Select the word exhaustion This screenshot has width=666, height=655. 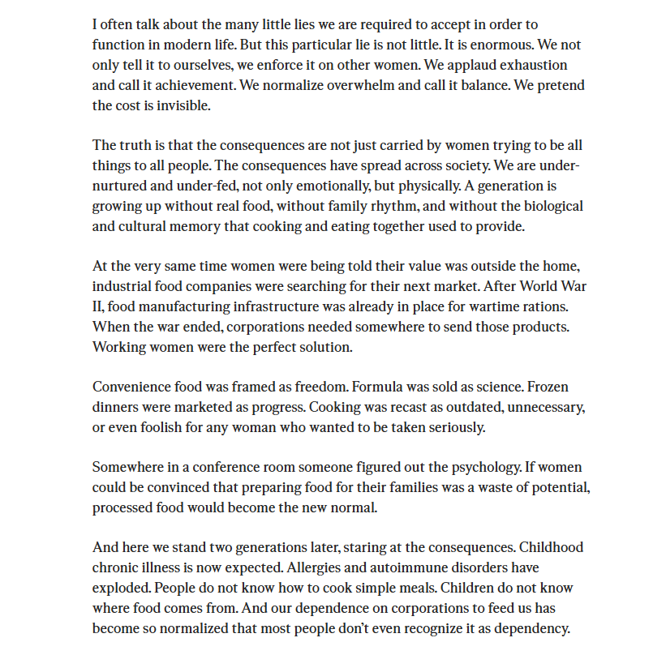coord(537,65)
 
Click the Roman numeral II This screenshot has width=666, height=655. coord(97,306)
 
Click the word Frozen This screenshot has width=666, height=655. coord(549,387)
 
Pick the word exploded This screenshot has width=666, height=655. coord(121,588)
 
